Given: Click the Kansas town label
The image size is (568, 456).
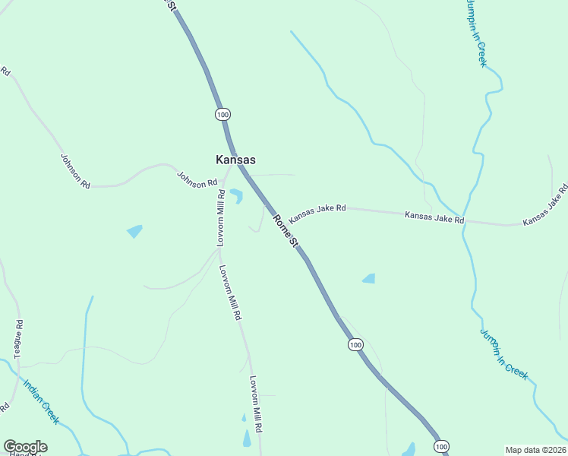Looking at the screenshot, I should point(235,160).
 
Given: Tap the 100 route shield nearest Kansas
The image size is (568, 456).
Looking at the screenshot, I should point(222,114).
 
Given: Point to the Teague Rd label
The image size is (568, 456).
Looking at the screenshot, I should point(18,338).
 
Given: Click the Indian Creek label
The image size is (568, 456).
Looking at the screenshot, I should point(41,402).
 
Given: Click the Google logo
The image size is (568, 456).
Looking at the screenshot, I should point(25,447).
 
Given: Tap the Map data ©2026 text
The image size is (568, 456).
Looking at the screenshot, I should point(535,450).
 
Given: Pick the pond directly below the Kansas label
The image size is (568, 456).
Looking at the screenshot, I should point(236,196).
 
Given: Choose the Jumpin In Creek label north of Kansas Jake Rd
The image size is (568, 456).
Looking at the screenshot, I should point(476,33).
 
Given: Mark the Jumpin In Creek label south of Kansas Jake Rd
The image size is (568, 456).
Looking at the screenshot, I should point(503,353).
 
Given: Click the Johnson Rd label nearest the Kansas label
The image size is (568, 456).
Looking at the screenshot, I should point(197,179).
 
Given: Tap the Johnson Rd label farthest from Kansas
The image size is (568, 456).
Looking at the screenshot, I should point(75,171).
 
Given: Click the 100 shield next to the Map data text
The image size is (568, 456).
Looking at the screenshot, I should point(443,445).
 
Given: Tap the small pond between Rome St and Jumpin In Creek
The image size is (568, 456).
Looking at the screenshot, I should point(369,279).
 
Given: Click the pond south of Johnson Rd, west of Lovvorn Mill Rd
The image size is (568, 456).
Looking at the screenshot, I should point(135,231).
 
